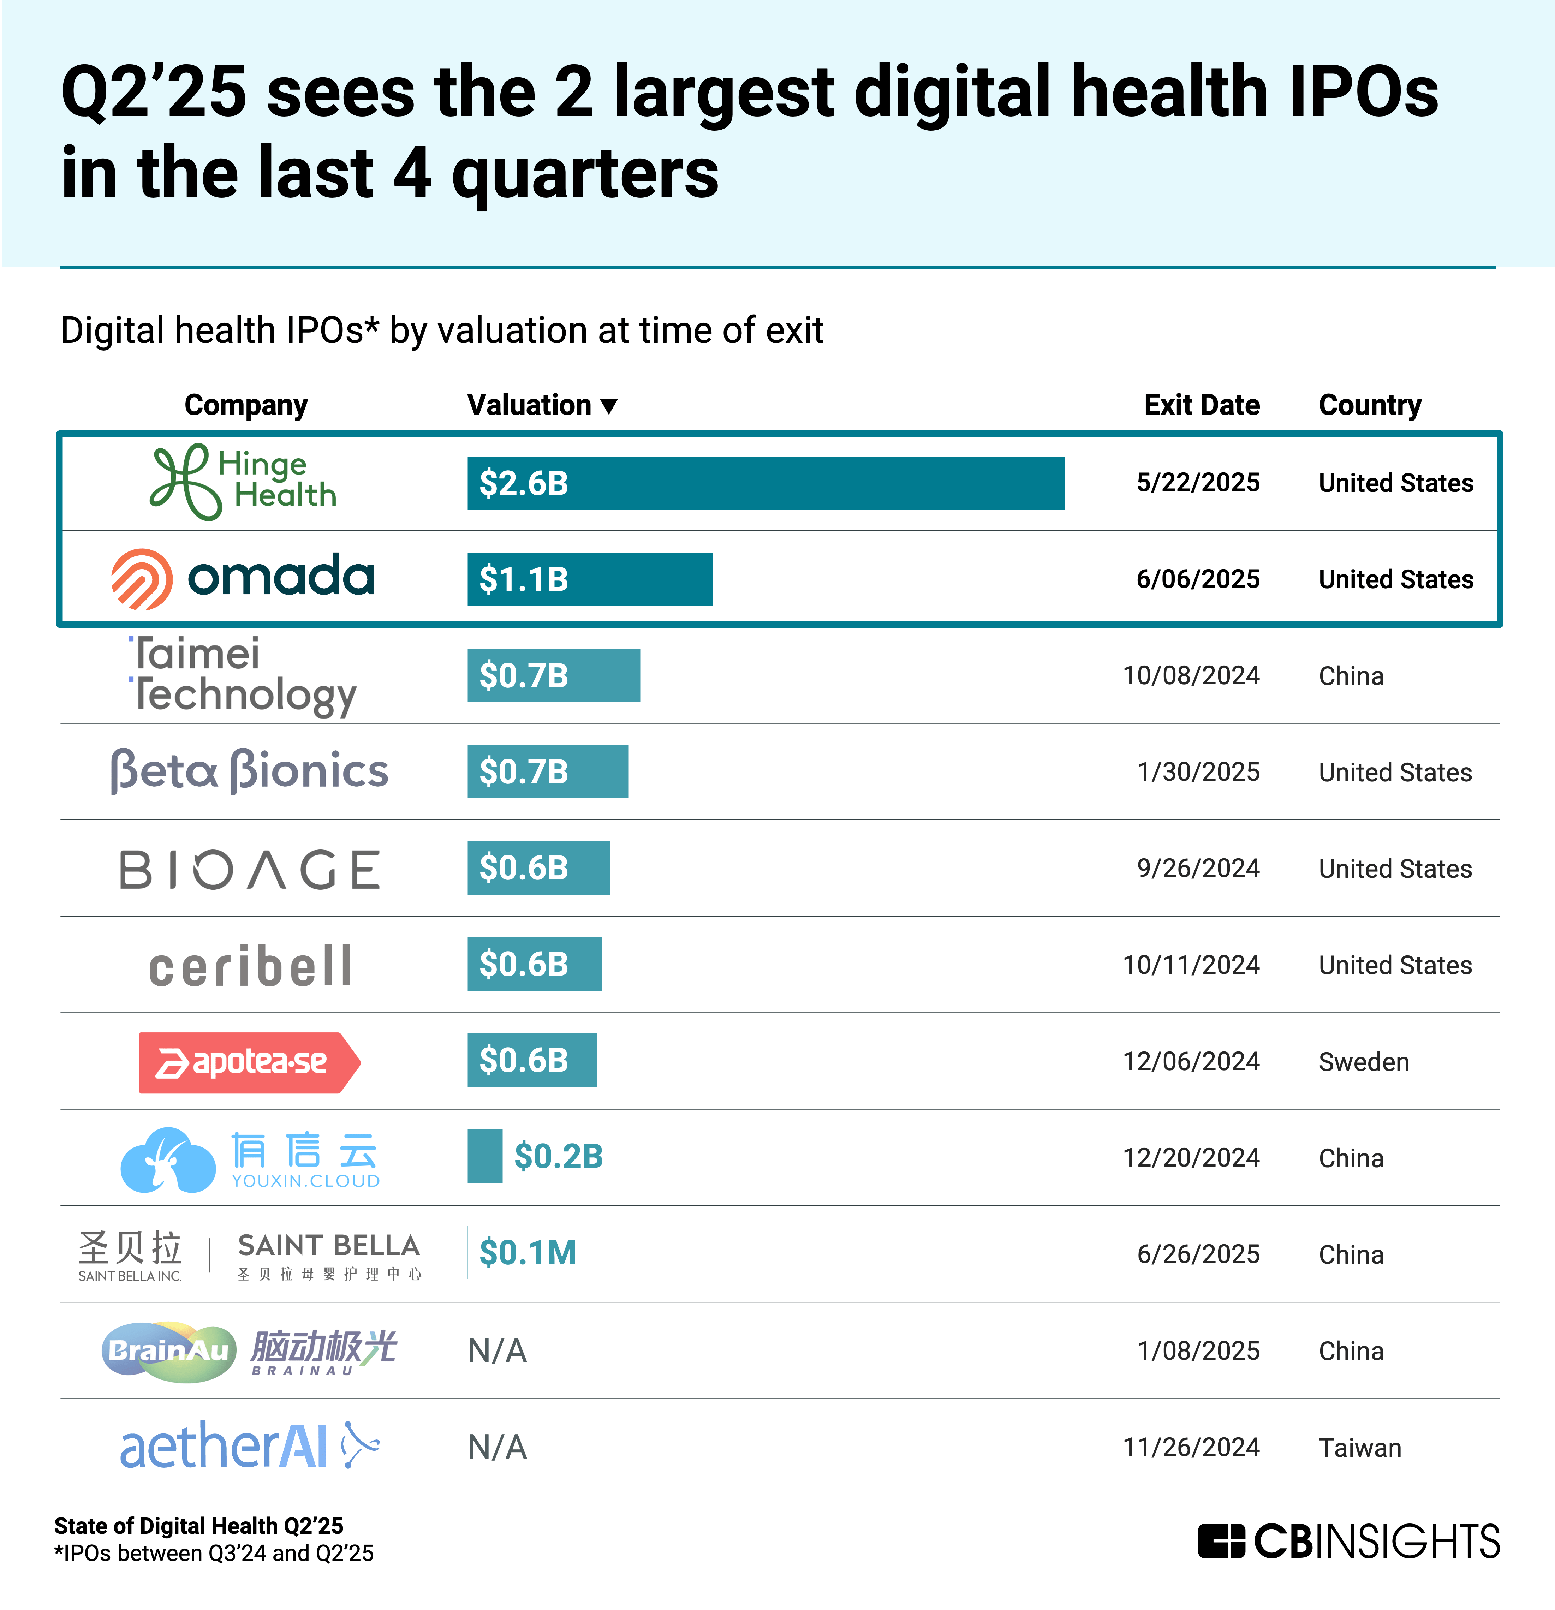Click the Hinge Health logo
[x=243, y=482]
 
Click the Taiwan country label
[x=1359, y=1447]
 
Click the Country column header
[x=1369, y=405]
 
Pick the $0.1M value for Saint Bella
[x=528, y=1253]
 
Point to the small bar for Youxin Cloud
[x=485, y=1157]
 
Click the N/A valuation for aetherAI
[x=497, y=1447]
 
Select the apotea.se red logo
[x=249, y=1062]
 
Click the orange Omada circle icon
[x=141, y=579]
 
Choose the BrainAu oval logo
[x=168, y=1351]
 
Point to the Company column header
[x=246, y=405]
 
